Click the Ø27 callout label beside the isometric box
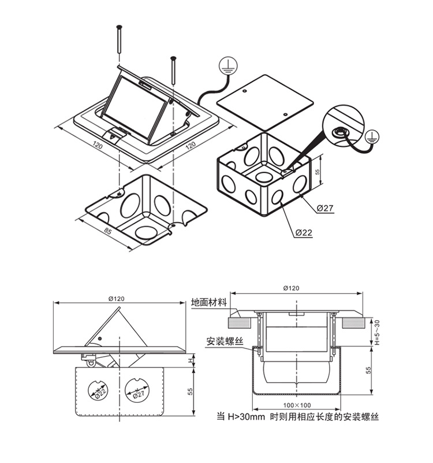[325, 208]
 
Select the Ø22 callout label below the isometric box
[303, 232]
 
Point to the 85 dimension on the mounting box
[107, 232]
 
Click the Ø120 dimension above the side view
[116, 299]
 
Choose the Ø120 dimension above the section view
[292, 288]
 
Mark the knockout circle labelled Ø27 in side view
[138, 391]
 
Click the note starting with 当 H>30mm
[297, 416]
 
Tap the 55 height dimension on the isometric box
[317, 172]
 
